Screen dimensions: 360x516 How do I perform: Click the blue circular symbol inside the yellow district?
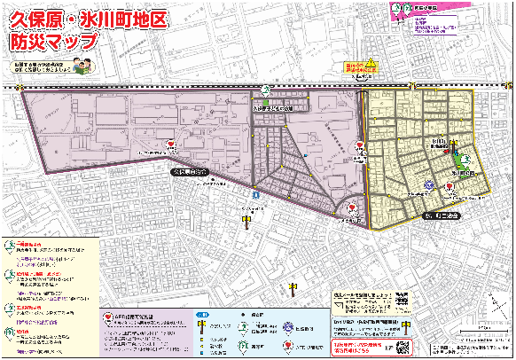pos(428,185)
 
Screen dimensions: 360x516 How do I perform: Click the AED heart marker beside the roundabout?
pos(353,209)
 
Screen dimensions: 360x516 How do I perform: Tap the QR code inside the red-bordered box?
pos(405,345)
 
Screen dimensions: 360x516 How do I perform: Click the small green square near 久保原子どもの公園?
pos(264,104)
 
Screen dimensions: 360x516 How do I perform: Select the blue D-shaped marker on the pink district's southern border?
pos(255,192)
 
